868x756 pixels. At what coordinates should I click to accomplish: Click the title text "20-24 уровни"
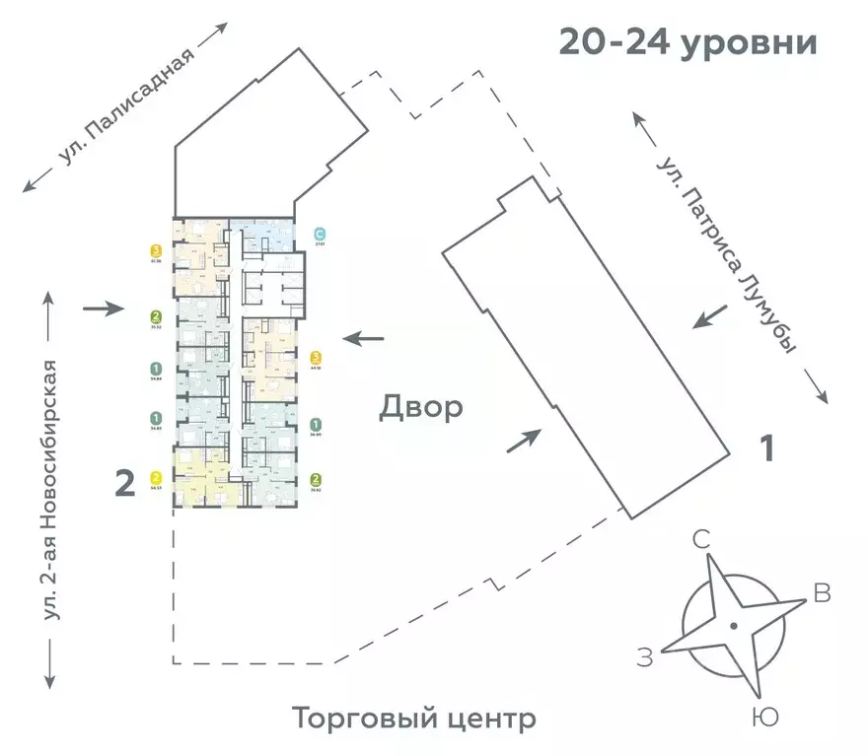pyautogui.click(x=687, y=43)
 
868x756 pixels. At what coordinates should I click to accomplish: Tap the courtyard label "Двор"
pyautogui.click(x=420, y=408)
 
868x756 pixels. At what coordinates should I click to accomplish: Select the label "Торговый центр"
pyautogui.click(x=414, y=719)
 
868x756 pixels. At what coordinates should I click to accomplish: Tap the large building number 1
pyautogui.click(x=765, y=449)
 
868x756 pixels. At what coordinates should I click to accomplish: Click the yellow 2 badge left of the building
pyautogui.click(x=156, y=477)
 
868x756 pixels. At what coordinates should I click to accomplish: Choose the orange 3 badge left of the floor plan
pyautogui.click(x=156, y=251)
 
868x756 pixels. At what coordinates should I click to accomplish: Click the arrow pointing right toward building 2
pyautogui.click(x=104, y=309)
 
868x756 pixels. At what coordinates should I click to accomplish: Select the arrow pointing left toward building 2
pyautogui.click(x=364, y=339)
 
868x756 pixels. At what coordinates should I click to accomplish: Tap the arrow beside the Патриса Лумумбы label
pyautogui.click(x=712, y=317)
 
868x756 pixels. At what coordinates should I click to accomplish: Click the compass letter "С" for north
pyautogui.click(x=702, y=539)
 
